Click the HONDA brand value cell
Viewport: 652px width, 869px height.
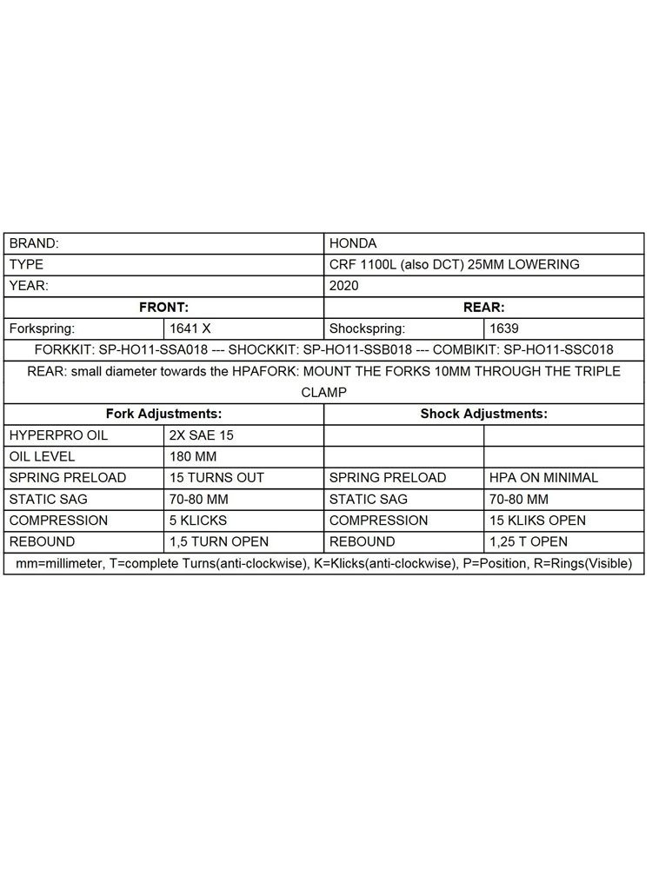pyautogui.click(x=354, y=244)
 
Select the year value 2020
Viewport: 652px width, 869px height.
pyautogui.click(x=346, y=285)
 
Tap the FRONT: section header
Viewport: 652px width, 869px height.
pyautogui.click(x=163, y=307)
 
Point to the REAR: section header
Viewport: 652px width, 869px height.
pyautogui.click(x=484, y=307)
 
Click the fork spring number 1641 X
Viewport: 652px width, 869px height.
pyautogui.click(x=194, y=328)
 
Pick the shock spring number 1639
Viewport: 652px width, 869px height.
pyautogui.click(x=505, y=328)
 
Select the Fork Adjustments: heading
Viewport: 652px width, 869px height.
pyautogui.click(x=163, y=414)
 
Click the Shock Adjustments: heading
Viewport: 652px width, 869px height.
pyautogui.click(x=484, y=414)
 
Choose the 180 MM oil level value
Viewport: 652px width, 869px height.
pyautogui.click(x=192, y=456)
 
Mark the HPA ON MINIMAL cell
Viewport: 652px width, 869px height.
pyautogui.click(x=543, y=477)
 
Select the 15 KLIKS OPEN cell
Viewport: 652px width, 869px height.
pyautogui.click(x=537, y=521)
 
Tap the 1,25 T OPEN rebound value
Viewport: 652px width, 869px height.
pyautogui.click(x=529, y=541)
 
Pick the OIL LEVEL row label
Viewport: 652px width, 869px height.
pyautogui.click(x=42, y=456)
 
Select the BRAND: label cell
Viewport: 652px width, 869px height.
pyautogui.click(x=34, y=244)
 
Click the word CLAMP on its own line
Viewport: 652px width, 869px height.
pyautogui.click(x=324, y=392)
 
